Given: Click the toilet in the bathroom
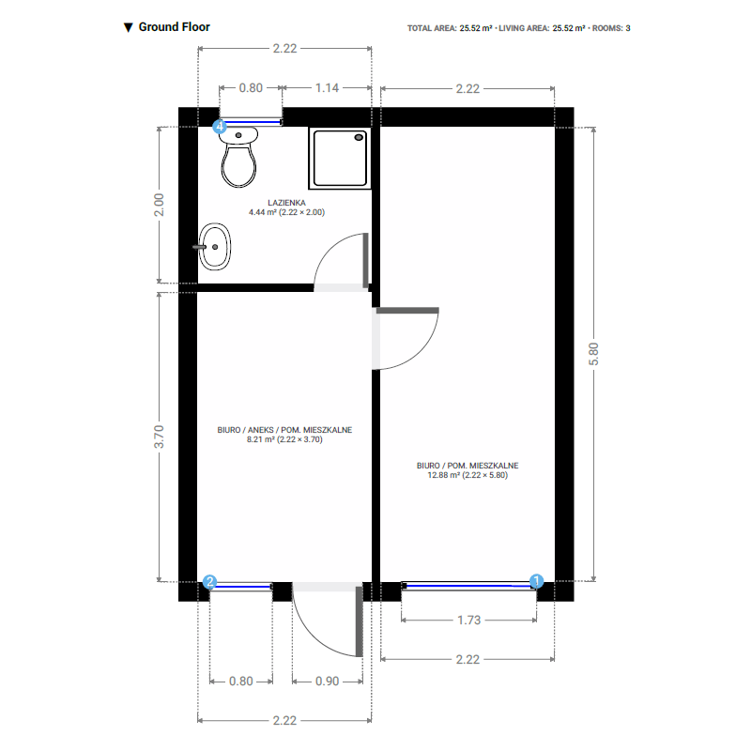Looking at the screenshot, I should [x=239, y=160].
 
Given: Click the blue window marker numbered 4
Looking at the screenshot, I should [x=220, y=125].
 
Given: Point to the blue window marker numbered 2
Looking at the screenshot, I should [x=210, y=582].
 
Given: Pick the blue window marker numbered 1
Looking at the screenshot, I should [x=537, y=581].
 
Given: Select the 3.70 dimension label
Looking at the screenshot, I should [x=159, y=437].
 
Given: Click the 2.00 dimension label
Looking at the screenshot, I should [x=159, y=205].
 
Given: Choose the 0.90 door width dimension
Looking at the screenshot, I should [x=326, y=682].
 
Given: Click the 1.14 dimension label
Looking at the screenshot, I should [x=327, y=87].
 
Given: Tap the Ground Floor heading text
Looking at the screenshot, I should [x=174, y=27].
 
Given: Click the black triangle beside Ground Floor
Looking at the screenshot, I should [x=129, y=27].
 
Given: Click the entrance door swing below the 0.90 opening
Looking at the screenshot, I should [x=324, y=624].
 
